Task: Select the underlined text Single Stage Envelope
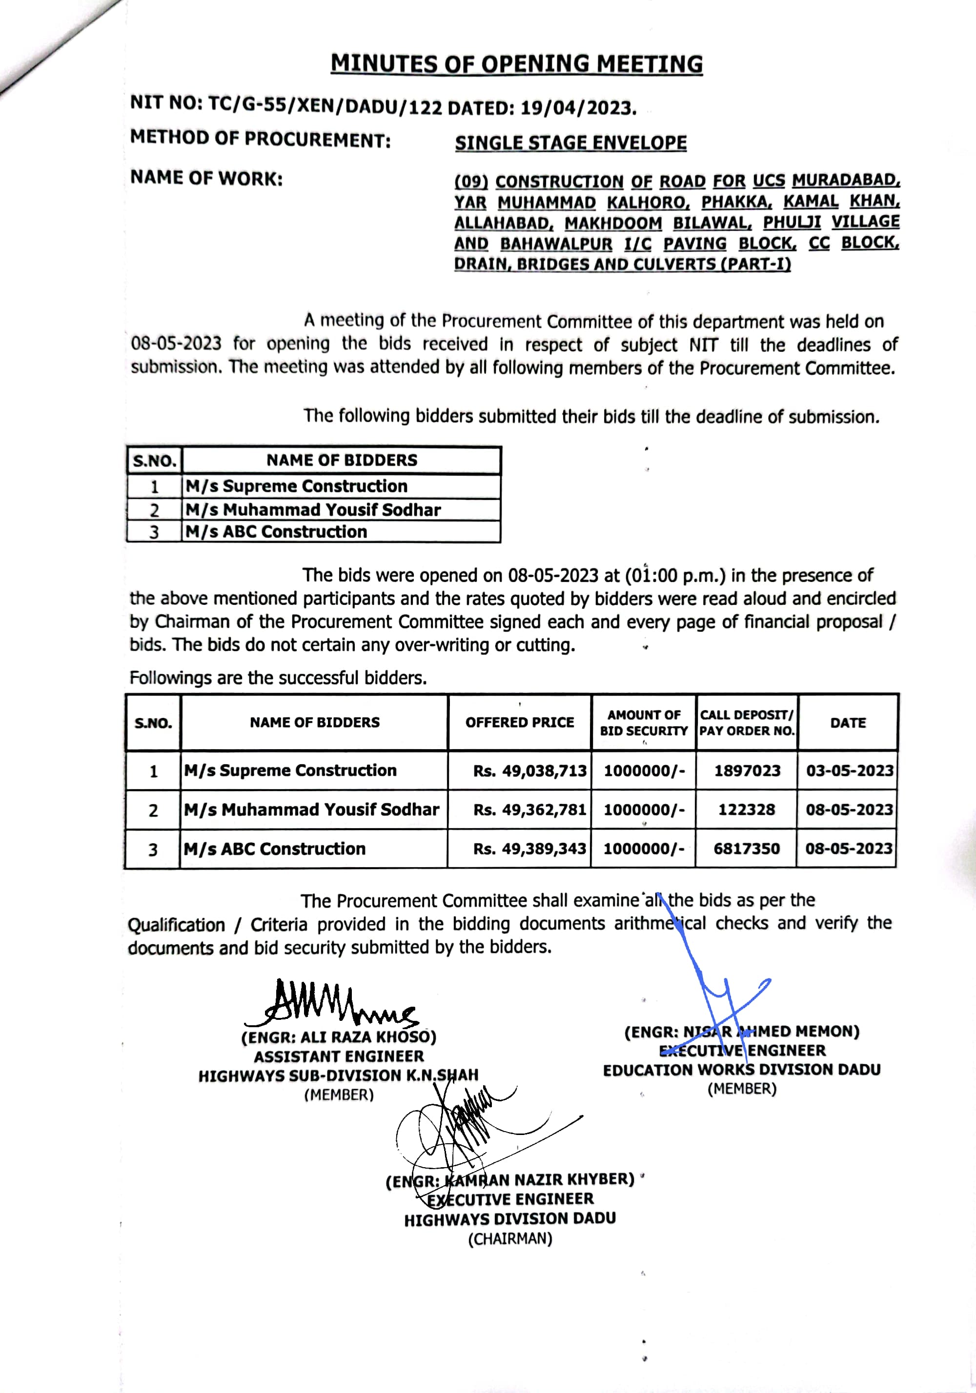570,142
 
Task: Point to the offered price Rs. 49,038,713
529,771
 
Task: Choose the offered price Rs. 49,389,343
529,848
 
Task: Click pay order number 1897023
747,771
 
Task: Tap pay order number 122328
747,809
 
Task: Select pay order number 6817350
747,848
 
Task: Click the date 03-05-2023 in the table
849,771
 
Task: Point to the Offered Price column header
520,722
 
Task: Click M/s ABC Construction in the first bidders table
276,532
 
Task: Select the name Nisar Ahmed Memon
742,1032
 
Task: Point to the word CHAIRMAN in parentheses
510,1238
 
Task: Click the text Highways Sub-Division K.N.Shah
338,1075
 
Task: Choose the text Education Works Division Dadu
741,1070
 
